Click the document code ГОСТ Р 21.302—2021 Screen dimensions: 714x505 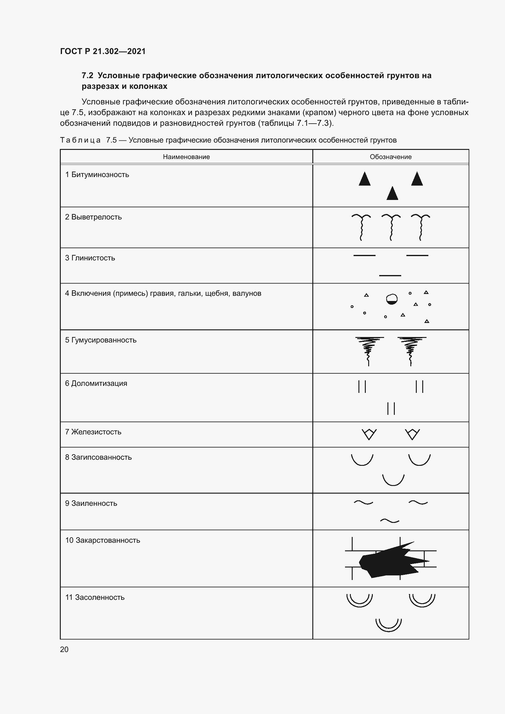103,51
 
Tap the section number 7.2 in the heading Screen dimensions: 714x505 87,76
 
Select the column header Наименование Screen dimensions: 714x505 186,157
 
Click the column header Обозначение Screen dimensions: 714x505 391,157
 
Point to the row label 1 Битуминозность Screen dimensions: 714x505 97,175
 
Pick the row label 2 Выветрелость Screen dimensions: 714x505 93,217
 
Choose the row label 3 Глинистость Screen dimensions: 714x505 90,258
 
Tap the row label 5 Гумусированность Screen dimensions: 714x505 101,340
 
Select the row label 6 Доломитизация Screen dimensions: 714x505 96,383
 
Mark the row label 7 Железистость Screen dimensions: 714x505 93,432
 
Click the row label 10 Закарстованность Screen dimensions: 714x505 103,541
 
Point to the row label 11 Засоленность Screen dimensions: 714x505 95,597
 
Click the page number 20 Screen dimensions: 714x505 64,649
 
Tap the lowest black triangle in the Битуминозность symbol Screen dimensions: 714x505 392,194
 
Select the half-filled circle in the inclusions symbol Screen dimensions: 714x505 391,299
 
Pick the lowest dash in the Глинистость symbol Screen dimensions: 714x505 390,276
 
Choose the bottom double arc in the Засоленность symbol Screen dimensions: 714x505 388,625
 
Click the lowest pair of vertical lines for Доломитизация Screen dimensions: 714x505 391,408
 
